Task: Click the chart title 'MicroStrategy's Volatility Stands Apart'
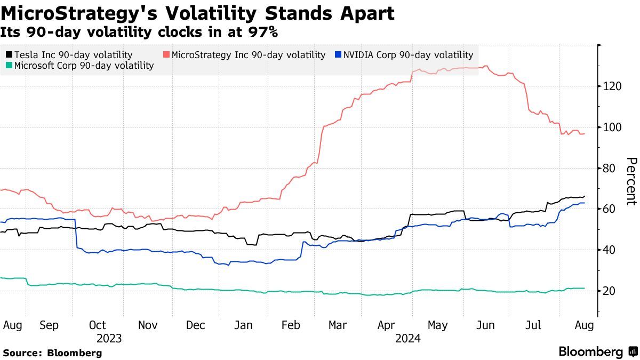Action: (x=198, y=13)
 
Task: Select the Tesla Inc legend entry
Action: (x=69, y=54)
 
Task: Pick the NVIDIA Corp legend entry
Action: (x=404, y=54)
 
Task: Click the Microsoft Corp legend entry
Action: (x=79, y=66)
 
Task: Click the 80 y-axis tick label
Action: (x=610, y=168)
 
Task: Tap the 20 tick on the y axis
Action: (x=610, y=291)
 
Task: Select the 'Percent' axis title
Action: (x=631, y=181)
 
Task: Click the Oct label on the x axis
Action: (x=98, y=325)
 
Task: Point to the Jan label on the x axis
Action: (x=244, y=325)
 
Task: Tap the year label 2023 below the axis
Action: (x=109, y=338)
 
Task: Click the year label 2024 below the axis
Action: (x=408, y=338)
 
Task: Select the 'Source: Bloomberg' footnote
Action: (x=52, y=353)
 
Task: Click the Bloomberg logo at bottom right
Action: (x=597, y=351)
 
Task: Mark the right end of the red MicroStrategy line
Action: (x=585, y=133)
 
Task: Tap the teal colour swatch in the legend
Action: (x=9, y=66)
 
